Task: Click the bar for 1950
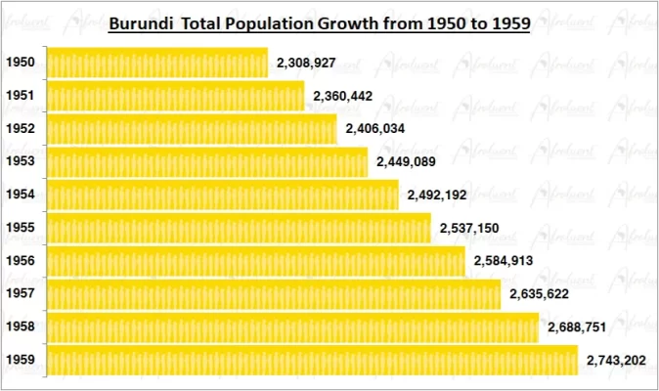(156, 63)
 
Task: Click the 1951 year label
(21, 96)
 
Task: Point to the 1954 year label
(21, 195)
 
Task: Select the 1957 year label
(21, 294)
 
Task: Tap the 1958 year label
(21, 327)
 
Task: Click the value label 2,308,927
(307, 63)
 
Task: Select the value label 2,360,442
(343, 96)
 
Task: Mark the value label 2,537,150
(470, 228)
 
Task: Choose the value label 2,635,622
(540, 294)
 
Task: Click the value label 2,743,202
(617, 361)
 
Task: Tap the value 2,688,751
(578, 327)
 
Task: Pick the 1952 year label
(21, 129)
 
